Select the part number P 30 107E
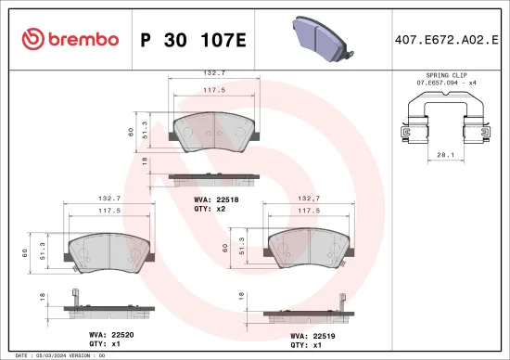(x=192, y=39)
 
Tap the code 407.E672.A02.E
(x=447, y=39)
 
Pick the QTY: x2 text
(x=209, y=210)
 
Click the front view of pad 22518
(x=213, y=132)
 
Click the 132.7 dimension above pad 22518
(x=214, y=71)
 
